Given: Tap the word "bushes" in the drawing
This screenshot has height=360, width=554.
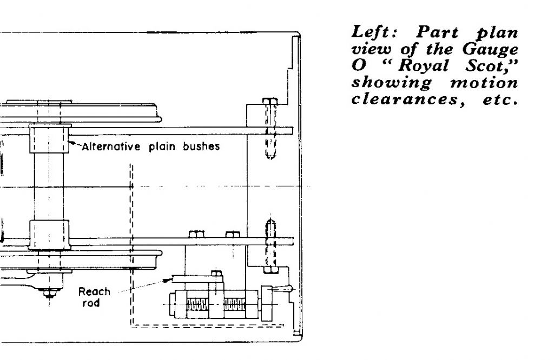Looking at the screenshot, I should pyautogui.click(x=201, y=146).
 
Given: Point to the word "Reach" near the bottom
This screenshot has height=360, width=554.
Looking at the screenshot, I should pyautogui.click(x=94, y=292).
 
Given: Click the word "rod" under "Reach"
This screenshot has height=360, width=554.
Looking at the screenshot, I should pyautogui.click(x=91, y=303).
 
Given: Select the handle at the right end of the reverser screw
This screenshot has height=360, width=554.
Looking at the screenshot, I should pyautogui.click(x=282, y=290).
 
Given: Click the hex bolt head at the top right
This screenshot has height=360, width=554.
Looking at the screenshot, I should pyautogui.click(x=269, y=102).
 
